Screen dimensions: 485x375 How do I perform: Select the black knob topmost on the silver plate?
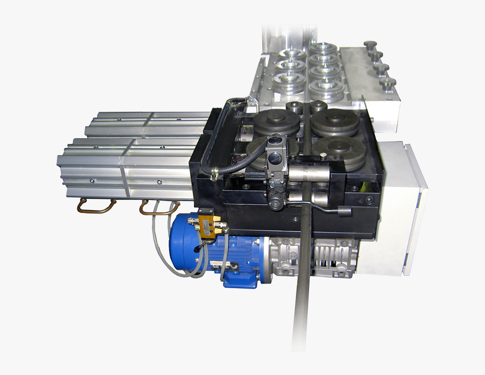pos(370,45)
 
